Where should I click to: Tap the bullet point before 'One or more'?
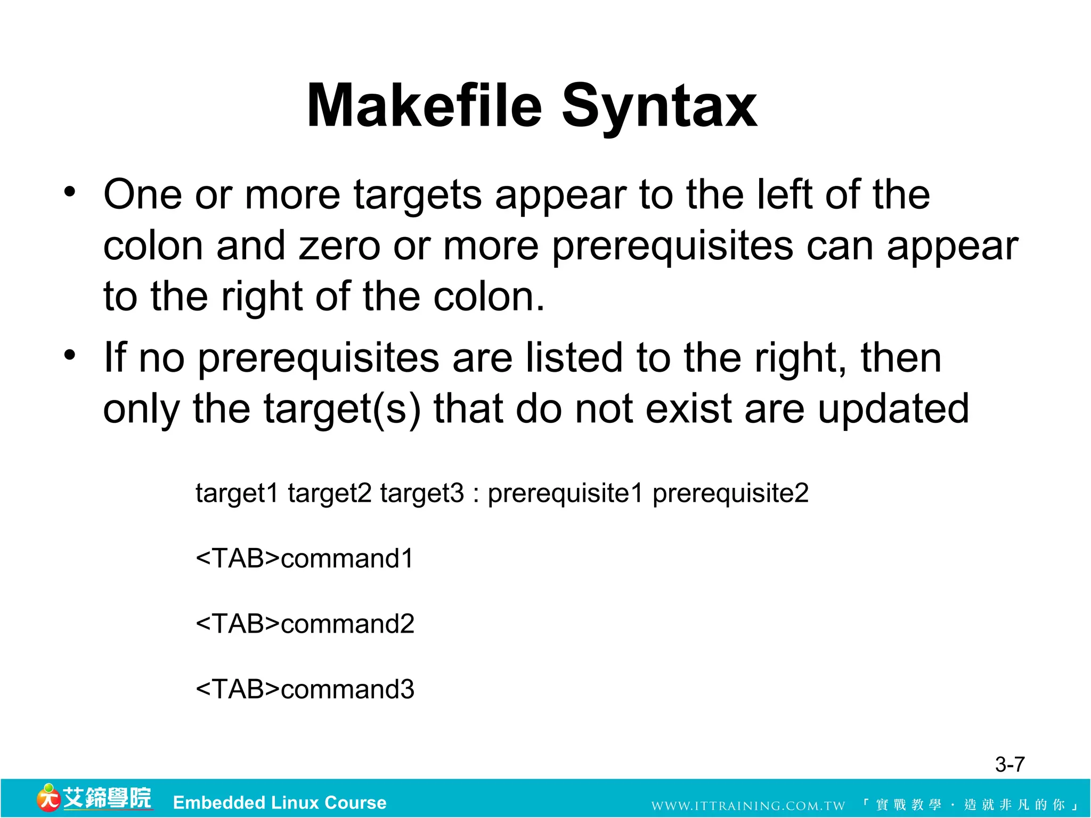pyautogui.click(x=70, y=192)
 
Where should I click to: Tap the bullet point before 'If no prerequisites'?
pyautogui.click(x=70, y=355)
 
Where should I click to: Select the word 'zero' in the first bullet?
pyautogui.click(x=339, y=247)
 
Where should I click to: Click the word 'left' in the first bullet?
pyautogui.click(x=785, y=194)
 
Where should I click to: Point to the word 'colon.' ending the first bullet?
pyautogui.click(x=489, y=297)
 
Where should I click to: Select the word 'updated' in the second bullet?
pyautogui.click(x=893, y=409)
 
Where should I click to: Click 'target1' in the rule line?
pyautogui.click(x=237, y=493)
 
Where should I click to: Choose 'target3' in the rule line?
pyautogui.click(x=422, y=493)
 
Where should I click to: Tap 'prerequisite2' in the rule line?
pyautogui.click(x=730, y=493)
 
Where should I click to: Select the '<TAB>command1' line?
pyautogui.click(x=304, y=559)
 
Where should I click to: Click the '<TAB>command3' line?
pyautogui.click(x=304, y=689)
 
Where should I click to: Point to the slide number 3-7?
pyautogui.click(x=1009, y=765)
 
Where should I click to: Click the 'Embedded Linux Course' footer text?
pyautogui.click(x=280, y=803)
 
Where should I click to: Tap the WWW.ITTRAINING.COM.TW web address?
pyautogui.click(x=748, y=806)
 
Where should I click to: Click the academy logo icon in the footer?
pyautogui.click(x=48, y=798)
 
